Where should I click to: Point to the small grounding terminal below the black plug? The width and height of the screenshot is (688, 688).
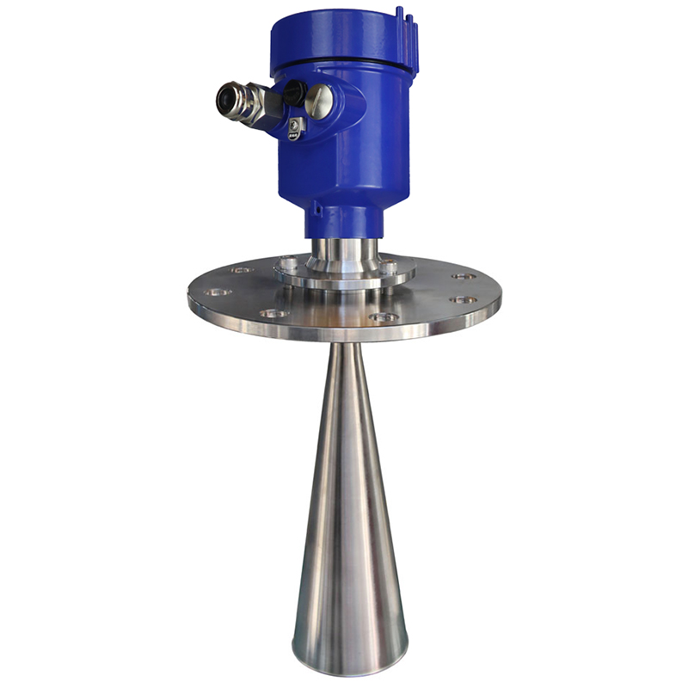(295, 126)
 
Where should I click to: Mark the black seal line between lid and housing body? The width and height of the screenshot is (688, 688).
(353, 65)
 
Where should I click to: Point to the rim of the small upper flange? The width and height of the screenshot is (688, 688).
(344, 283)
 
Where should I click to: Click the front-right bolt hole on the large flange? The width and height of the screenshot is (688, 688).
(384, 317)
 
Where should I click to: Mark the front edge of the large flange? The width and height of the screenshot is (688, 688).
(344, 332)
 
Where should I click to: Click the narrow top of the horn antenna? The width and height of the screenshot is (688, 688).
(344, 353)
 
